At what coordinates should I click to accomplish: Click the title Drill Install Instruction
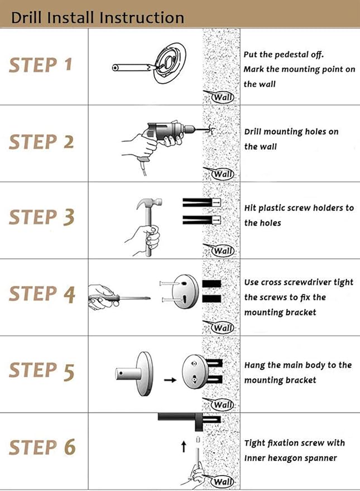pos(97,17)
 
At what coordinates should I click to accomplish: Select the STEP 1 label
pos(41,65)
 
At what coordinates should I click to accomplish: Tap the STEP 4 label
pos(42,294)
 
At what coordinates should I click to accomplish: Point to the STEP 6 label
pos(42,447)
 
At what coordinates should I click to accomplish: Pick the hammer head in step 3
pos(149,203)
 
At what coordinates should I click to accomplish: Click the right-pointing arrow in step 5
pos(170,380)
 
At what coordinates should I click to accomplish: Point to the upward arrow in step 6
pos(184,446)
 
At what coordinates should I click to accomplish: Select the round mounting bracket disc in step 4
pos(185,291)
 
